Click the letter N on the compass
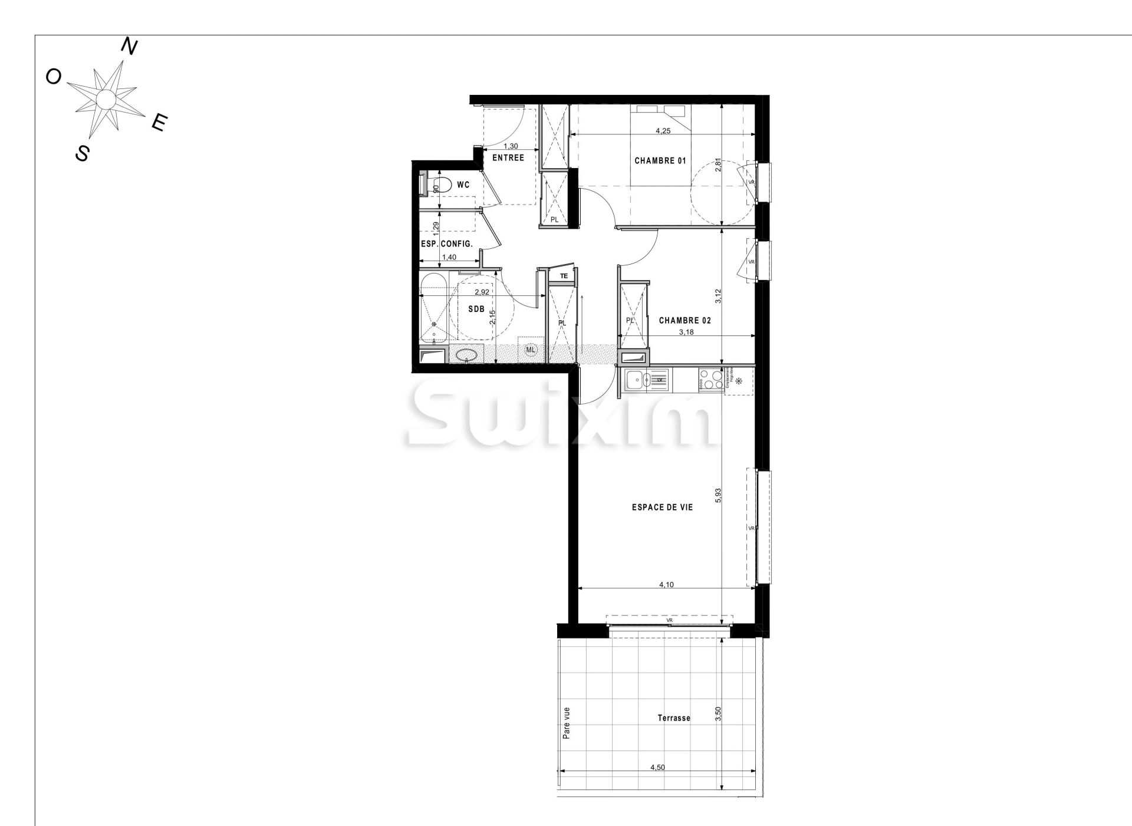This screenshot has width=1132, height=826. [x=129, y=47]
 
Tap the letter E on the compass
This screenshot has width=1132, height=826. [x=159, y=123]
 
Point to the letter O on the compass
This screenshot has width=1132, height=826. [x=54, y=77]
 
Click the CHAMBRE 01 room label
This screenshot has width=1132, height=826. [x=660, y=160]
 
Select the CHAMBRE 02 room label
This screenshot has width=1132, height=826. [x=685, y=321]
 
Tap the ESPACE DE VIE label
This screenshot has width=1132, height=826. [x=662, y=507]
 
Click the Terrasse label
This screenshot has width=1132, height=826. [x=674, y=718]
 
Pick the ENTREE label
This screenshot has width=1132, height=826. [x=508, y=158]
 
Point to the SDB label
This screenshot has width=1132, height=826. [x=476, y=309]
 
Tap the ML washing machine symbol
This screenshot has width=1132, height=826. [x=531, y=350]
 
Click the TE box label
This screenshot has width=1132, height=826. [x=564, y=275]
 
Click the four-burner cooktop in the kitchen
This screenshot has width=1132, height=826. [x=711, y=379]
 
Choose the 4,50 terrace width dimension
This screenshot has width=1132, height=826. [x=657, y=768]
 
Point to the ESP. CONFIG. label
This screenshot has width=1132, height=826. [x=446, y=243]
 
